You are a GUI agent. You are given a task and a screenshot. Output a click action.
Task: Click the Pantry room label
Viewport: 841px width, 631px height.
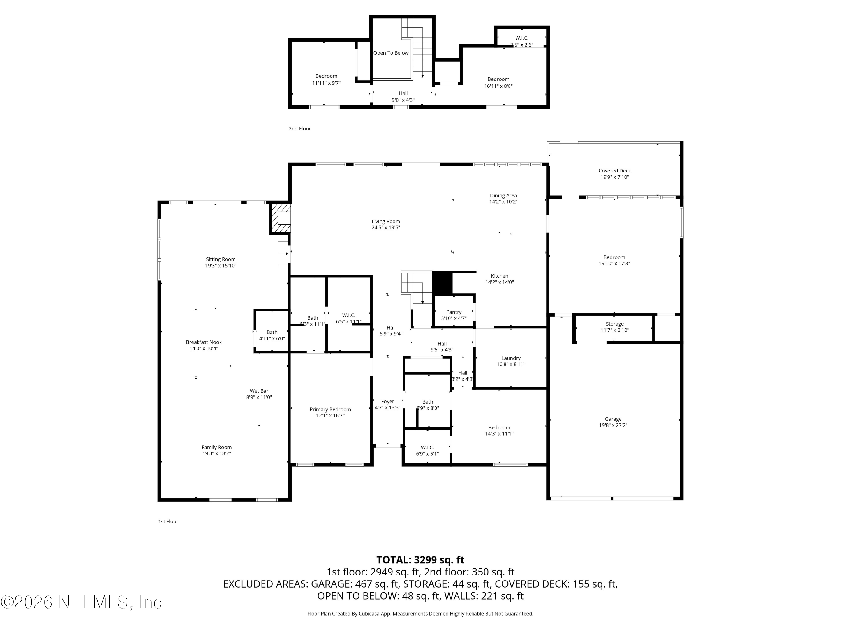pyautogui.click(x=454, y=312)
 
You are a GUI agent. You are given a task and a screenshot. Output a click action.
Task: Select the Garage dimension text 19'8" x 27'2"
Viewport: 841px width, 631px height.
pyautogui.click(x=613, y=425)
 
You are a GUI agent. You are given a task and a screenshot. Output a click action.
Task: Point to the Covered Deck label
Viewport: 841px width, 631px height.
pyautogui.click(x=614, y=171)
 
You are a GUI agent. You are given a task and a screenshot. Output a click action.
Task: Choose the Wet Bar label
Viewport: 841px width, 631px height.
pyautogui.click(x=259, y=391)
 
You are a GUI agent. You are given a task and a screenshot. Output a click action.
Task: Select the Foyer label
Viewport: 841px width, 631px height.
pyautogui.click(x=387, y=401)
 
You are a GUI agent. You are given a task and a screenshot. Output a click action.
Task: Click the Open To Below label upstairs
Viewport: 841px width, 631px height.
pyautogui.click(x=391, y=53)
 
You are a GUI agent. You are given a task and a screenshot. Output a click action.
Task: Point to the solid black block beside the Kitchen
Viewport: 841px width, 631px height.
pyautogui.click(x=443, y=283)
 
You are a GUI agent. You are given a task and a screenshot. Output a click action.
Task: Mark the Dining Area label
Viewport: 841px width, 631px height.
pyautogui.click(x=503, y=195)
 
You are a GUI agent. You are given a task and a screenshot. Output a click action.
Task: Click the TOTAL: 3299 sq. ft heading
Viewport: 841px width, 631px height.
pyautogui.click(x=420, y=560)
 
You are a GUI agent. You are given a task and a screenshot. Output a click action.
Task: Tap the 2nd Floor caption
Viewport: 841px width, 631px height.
pyautogui.click(x=300, y=128)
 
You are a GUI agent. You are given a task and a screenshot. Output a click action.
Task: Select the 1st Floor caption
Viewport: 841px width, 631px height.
pyautogui.click(x=168, y=521)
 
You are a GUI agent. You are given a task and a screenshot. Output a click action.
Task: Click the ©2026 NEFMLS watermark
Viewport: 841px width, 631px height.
pyautogui.click(x=81, y=602)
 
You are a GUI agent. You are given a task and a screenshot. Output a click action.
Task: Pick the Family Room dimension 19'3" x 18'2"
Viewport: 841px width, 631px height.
pyautogui.click(x=216, y=453)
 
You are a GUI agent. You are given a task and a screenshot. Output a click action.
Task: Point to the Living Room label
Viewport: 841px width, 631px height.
pyautogui.click(x=385, y=221)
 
